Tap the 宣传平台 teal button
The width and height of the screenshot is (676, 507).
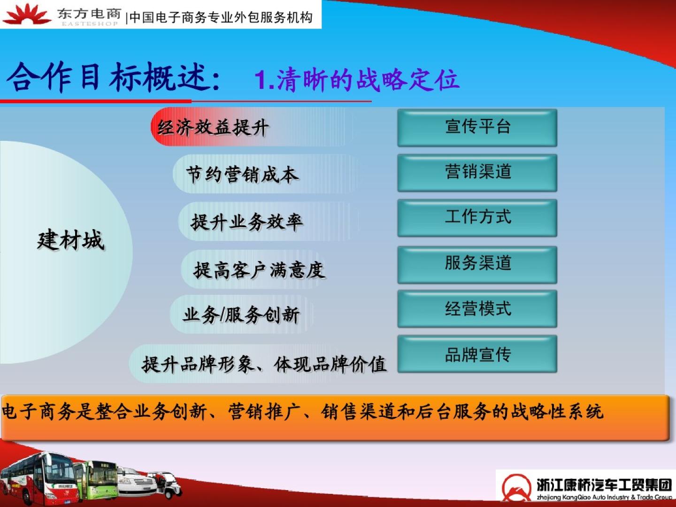click(477, 127)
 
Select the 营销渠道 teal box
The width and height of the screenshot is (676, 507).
click(477, 173)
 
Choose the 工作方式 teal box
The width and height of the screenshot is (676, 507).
click(477, 218)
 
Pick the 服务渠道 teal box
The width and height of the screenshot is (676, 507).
click(477, 264)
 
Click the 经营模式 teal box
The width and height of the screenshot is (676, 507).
click(477, 309)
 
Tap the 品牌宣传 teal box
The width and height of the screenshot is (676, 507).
click(477, 354)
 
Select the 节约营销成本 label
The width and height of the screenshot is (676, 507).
click(242, 174)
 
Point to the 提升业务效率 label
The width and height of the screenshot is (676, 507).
click(246, 222)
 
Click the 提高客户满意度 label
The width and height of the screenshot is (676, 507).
click(259, 270)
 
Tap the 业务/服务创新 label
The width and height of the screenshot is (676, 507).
click(241, 315)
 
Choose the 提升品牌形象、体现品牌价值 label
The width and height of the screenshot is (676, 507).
click(264, 364)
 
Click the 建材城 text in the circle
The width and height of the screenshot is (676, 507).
click(71, 239)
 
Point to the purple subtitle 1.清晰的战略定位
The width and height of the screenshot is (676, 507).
click(357, 80)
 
